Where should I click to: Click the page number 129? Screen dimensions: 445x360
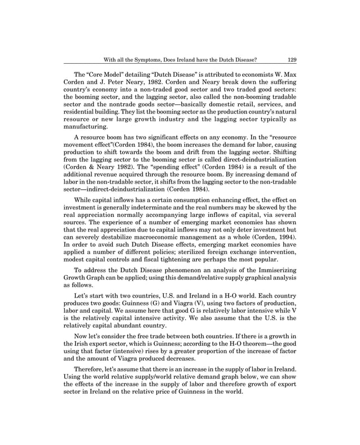292,58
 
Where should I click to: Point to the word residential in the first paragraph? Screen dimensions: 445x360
82,114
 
